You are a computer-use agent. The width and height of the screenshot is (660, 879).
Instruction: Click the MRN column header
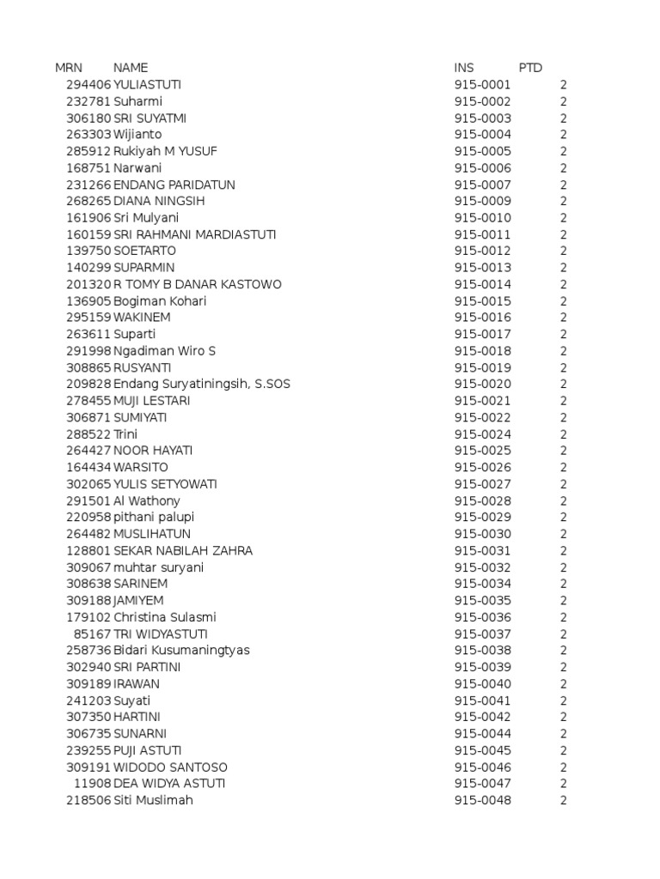click(x=69, y=68)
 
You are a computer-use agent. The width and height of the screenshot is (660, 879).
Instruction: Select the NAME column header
click(x=131, y=68)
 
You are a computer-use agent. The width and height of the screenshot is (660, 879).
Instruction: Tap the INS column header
click(x=464, y=68)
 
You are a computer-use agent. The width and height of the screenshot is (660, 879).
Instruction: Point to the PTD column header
click(x=530, y=68)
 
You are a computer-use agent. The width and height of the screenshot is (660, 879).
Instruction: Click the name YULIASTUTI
click(x=147, y=85)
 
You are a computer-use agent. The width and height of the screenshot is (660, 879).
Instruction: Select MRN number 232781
click(x=89, y=101)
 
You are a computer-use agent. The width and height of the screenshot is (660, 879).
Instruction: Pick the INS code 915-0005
click(x=482, y=151)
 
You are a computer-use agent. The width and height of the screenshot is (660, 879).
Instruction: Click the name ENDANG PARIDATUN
click(x=174, y=185)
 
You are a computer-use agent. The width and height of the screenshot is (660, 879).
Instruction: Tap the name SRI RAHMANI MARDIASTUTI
click(x=195, y=234)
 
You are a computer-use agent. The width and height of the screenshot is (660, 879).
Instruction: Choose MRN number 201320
click(x=89, y=284)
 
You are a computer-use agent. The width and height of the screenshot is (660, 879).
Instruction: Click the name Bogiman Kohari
click(x=160, y=301)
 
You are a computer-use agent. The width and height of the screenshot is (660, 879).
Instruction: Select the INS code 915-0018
click(x=482, y=351)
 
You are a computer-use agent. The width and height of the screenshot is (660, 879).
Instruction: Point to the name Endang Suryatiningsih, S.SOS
click(x=202, y=384)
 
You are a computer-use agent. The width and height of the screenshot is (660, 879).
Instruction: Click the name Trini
click(x=125, y=434)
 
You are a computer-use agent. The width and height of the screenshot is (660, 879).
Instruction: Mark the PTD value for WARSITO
click(x=564, y=467)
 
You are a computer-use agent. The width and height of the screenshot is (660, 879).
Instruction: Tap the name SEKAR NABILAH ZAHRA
click(x=183, y=550)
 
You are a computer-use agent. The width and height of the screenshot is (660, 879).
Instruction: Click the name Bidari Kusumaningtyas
click(x=181, y=650)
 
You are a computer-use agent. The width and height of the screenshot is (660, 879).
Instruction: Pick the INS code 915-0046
click(x=482, y=767)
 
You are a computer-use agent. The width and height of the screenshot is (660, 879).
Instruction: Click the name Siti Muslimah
click(x=153, y=800)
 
